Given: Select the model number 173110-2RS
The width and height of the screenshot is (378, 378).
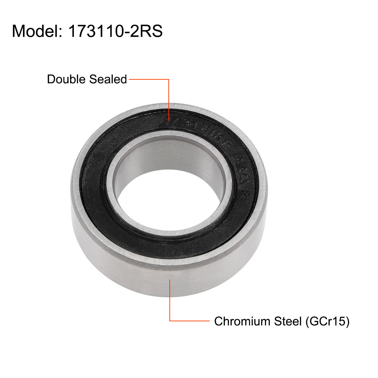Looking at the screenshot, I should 115,32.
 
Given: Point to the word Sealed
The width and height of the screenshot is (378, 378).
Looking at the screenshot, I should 108,79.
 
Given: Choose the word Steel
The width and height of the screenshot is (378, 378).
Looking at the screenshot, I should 287,321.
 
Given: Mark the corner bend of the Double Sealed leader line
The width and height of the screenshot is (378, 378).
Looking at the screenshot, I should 169,79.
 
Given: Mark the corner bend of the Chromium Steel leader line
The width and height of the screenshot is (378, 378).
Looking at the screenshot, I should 170,321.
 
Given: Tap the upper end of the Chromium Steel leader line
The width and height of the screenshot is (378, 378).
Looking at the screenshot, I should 170,280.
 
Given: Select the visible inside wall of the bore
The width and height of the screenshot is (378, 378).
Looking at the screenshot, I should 172,158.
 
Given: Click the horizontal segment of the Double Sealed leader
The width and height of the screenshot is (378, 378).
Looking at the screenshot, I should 148,79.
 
